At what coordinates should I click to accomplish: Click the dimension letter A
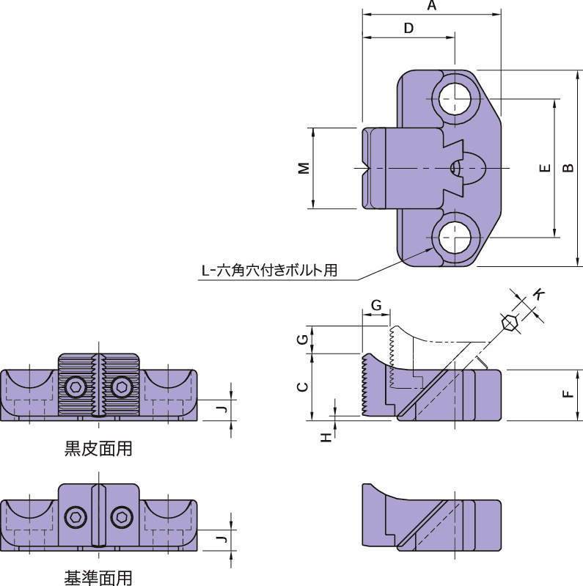tap(431, 7)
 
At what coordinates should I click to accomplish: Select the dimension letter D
tap(409, 28)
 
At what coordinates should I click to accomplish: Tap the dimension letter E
tap(543, 169)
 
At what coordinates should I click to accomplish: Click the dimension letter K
tap(539, 293)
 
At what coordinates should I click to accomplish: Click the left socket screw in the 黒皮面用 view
tap(76, 387)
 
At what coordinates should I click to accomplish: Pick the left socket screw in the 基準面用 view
tap(76, 517)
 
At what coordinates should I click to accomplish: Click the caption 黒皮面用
tap(98, 448)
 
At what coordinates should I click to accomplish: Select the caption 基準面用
tap(98, 578)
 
